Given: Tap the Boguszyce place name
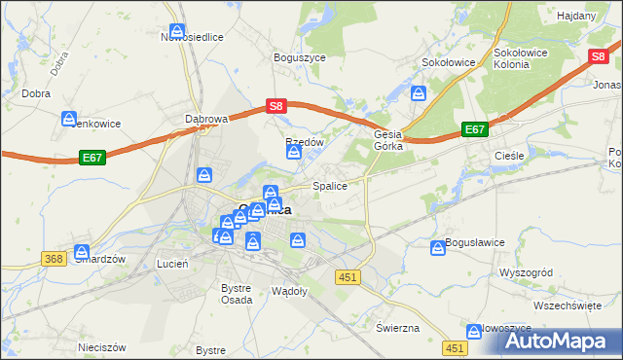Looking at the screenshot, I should [299, 57].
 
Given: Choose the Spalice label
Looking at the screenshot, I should [329, 186].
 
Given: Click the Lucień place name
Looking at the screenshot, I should [172, 264].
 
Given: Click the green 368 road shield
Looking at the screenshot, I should [54, 258].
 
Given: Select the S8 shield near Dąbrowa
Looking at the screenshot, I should [276, 106].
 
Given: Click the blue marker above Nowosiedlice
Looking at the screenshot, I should [177, 30].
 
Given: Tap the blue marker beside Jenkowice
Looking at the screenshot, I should [69, 119].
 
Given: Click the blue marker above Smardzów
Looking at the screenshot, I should [82, 250].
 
